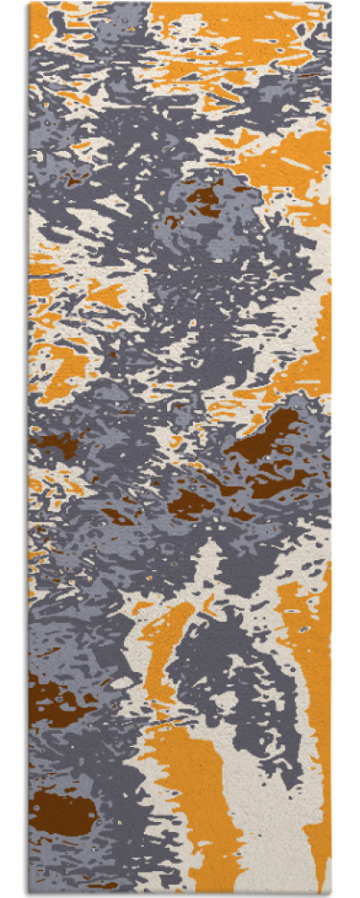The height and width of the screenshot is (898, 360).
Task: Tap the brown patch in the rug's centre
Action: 189,502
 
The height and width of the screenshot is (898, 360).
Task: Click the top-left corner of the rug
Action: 30,4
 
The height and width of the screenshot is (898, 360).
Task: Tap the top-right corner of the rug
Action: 330,4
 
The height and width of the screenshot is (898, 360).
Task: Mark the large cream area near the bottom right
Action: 268,804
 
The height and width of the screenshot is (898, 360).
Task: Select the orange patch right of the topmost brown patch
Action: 286,161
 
